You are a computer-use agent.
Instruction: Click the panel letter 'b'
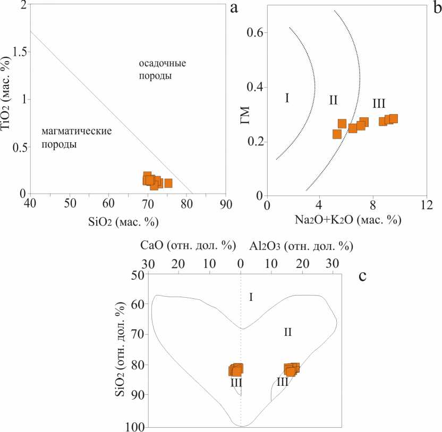(436, 8)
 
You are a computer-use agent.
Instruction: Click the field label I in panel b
(287, 98)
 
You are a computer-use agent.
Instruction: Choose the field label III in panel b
(379, 103)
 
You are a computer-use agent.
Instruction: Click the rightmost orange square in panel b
(394, 119)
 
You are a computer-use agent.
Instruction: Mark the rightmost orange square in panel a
(168, 183)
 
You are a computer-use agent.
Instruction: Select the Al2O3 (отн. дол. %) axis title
(301, 247)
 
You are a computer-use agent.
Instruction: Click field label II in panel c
(287, 333)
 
